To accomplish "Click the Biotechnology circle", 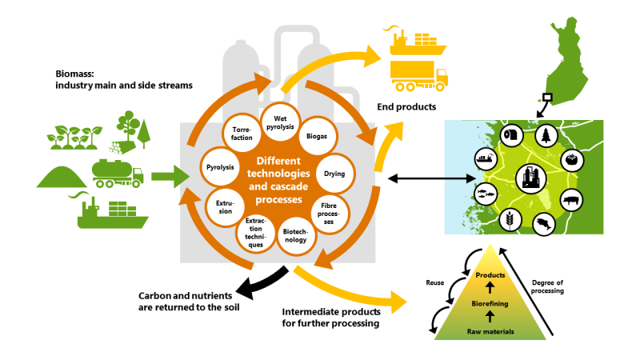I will pyautogui.click(x=294, y=234).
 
